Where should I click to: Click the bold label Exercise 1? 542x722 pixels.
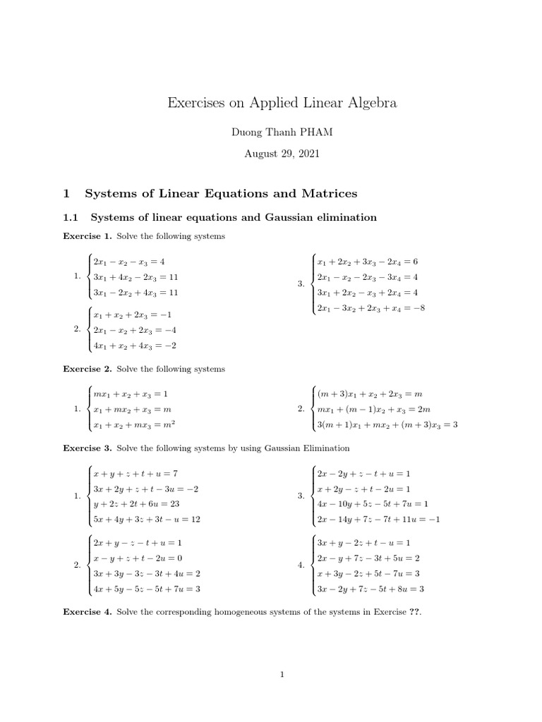88,236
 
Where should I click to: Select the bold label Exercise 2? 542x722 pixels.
88,369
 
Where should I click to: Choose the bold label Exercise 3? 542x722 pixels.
88,448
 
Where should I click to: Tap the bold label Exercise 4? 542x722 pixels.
88,611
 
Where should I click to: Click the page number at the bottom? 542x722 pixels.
282,675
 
